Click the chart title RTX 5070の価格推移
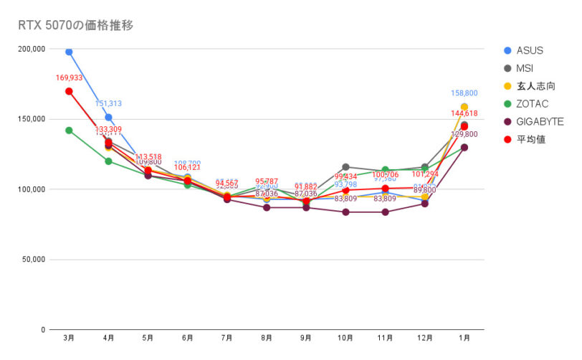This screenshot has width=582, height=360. pos(75,25)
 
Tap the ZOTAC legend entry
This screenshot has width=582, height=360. pos(533,104)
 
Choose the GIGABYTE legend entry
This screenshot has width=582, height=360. pos(540,122)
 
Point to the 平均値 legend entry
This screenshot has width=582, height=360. pos(530,139)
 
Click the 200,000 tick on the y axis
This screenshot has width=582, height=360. pos(31,49)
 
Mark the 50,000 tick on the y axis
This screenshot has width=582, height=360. pos(33,260)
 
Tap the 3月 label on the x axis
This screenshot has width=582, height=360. pos(69,338)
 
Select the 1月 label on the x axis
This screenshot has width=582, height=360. pos(464,338)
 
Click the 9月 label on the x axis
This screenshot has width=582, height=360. pos(306,338)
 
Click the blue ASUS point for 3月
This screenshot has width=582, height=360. pos(69,52)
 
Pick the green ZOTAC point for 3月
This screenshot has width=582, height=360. pos(69,131)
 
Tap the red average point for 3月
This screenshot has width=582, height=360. pos(69,91)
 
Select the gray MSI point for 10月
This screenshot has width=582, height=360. pos(345,167)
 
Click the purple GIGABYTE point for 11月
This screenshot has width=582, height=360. pos(385,212)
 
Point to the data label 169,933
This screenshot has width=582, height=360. pos(69,77)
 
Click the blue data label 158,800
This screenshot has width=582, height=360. pos(464,93)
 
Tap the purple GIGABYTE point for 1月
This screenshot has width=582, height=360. pos(464,148)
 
